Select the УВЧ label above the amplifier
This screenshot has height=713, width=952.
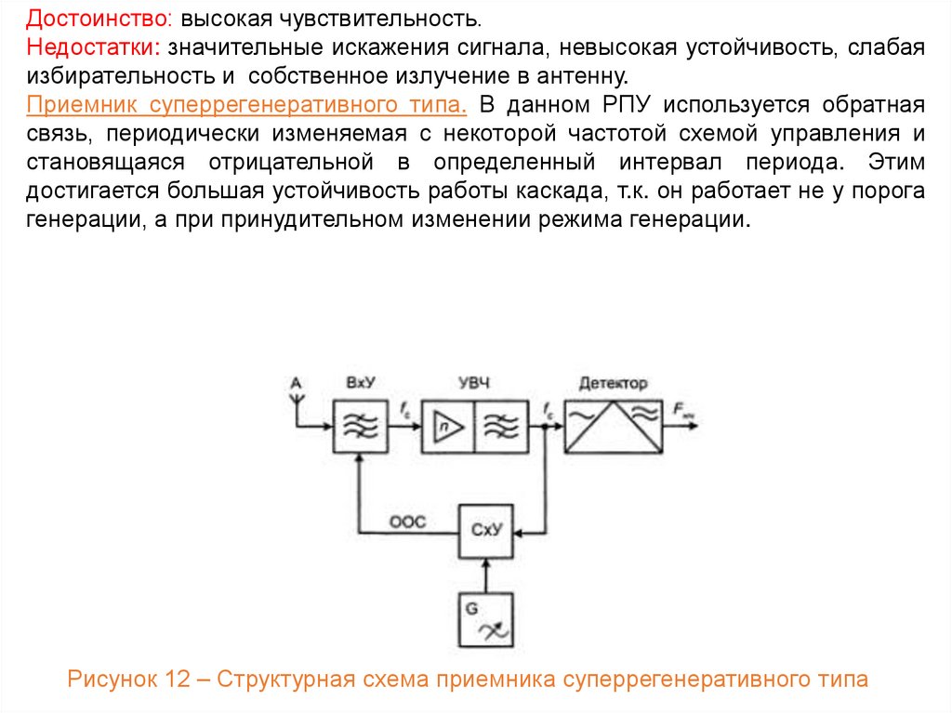pos(474,383)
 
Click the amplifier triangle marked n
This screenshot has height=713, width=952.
pos(448,427)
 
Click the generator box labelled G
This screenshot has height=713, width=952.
pos(486,620)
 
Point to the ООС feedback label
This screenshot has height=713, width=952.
pos(407,522)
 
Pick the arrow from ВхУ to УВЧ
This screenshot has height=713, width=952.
pos(405,427)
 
